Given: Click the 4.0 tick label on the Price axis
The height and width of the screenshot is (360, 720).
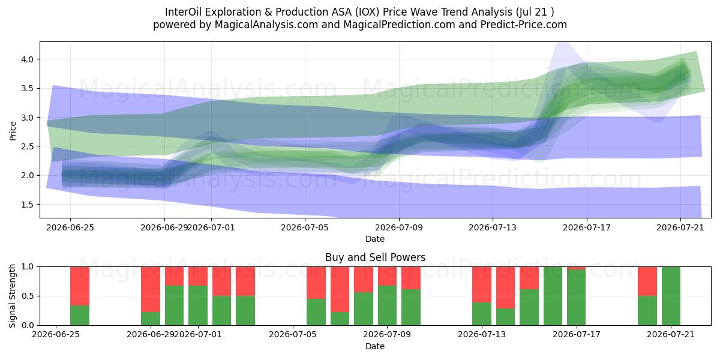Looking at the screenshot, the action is tap(26, 59).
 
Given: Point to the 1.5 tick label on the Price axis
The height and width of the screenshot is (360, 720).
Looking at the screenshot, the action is tap(26, 205).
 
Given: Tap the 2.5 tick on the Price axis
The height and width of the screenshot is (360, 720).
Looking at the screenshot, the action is tap(26, 146).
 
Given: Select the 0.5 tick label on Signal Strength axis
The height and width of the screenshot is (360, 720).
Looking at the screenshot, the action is tap(28, 296).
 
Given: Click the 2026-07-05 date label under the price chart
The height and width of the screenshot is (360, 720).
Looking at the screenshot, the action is tap(305, 227).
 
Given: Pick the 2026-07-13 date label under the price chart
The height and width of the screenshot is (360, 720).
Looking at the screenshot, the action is tap(493, 227).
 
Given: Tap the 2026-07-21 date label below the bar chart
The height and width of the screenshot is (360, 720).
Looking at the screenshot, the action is tap(671, 334).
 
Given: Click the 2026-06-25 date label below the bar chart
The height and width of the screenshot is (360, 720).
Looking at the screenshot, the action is tap(56, 334).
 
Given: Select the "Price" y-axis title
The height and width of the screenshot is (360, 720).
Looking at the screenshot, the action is tap(13, 131).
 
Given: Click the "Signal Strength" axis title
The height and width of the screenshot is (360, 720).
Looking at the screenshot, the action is tap(12, 296).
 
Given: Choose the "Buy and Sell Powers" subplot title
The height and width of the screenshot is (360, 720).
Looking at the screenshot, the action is tap(375, 257).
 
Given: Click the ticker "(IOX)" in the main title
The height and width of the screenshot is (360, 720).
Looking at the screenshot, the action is tap(367, 12).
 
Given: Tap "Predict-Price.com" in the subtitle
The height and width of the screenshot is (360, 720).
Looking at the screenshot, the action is tap(524, 25).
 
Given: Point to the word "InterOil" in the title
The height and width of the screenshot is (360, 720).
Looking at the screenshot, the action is tap(183, 12).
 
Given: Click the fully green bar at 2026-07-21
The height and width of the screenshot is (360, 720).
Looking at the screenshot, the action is tap(671, 296).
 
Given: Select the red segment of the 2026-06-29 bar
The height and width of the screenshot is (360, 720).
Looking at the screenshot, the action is tap(151, 289).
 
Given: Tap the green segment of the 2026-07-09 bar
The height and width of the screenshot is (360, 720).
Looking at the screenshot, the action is tap(388, 305).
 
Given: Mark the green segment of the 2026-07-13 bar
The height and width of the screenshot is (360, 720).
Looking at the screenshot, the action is tap(482, 313).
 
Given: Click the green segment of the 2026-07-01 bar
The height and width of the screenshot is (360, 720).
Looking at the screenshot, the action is tap(198, 305).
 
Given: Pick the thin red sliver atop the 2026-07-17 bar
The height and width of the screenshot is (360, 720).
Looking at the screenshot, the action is tap(576, 268).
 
